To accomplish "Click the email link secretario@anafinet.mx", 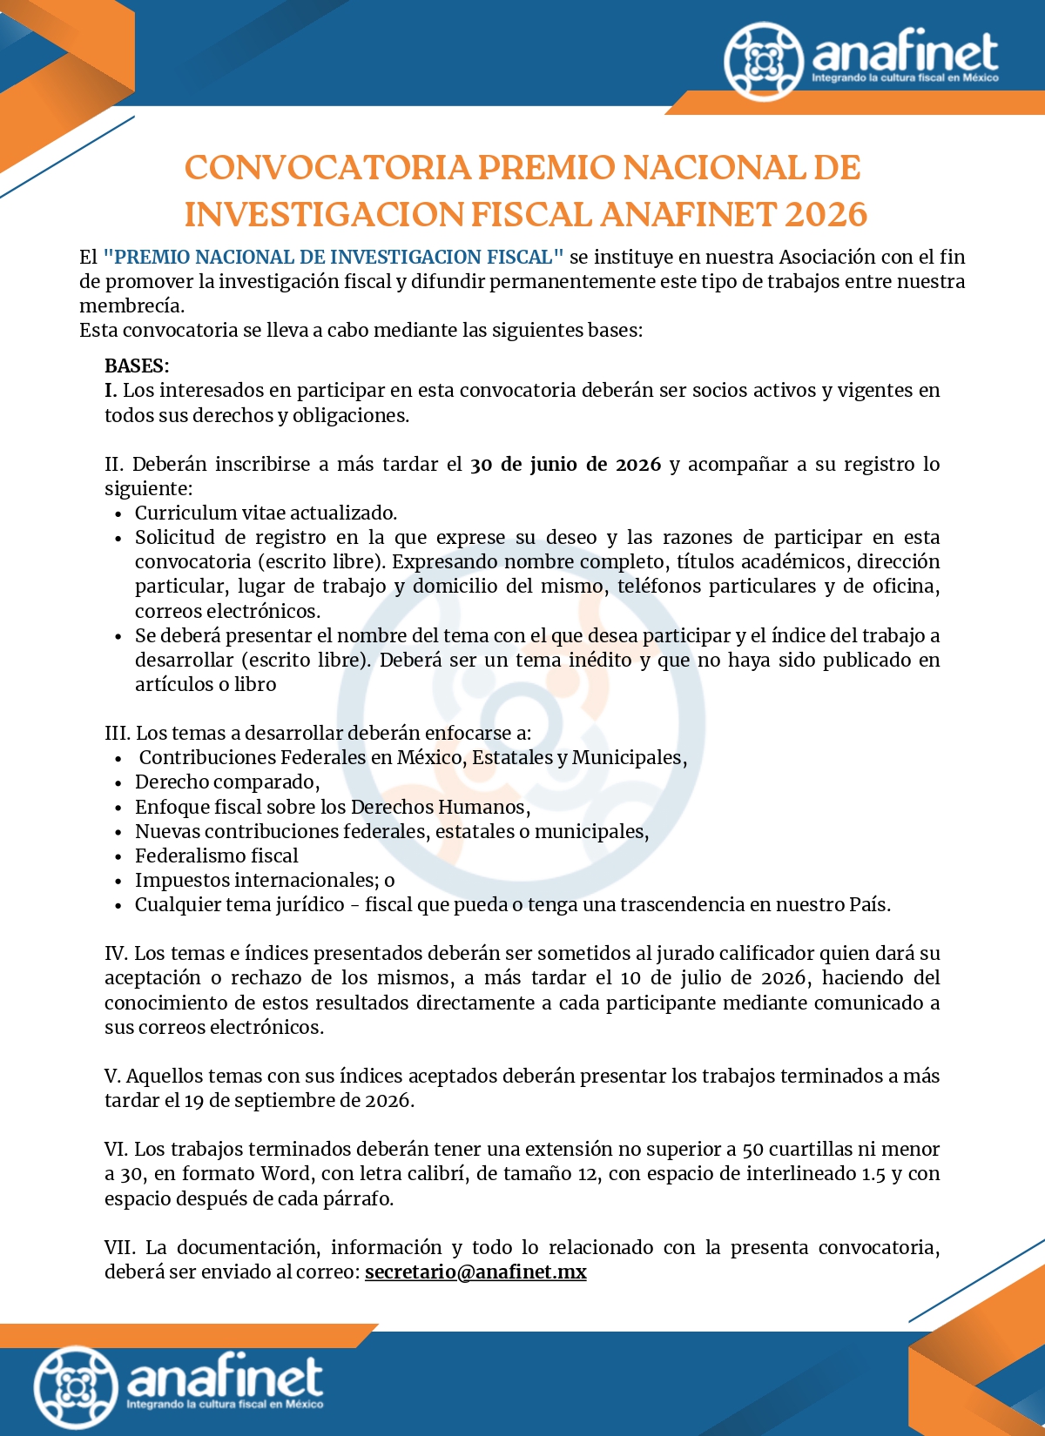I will pos(475,1272).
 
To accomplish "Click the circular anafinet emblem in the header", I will pos(763,61).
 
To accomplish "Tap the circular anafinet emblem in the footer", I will pos(76,1387).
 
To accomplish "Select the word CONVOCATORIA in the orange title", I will pos(327,167).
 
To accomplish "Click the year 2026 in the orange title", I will pos(826,214).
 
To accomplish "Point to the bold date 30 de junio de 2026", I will pos(565,464).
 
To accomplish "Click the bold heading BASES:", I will pos(137,366).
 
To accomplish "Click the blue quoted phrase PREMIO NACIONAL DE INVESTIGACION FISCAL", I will pos(334,257).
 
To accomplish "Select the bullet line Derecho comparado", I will pos(226,782).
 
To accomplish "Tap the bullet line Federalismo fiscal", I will pos(216,856).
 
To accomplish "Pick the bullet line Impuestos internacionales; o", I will pos(265,880).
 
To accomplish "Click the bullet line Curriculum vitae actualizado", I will pos(266,513).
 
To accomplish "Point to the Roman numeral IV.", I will pos(116,953).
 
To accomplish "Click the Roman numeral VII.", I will pos(120,1247).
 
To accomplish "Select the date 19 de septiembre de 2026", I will pos(298,1100).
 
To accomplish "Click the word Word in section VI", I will pos(286,1173).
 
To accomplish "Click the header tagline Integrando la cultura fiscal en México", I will pos(905,78).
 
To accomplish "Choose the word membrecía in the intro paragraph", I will pos(131,305).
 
